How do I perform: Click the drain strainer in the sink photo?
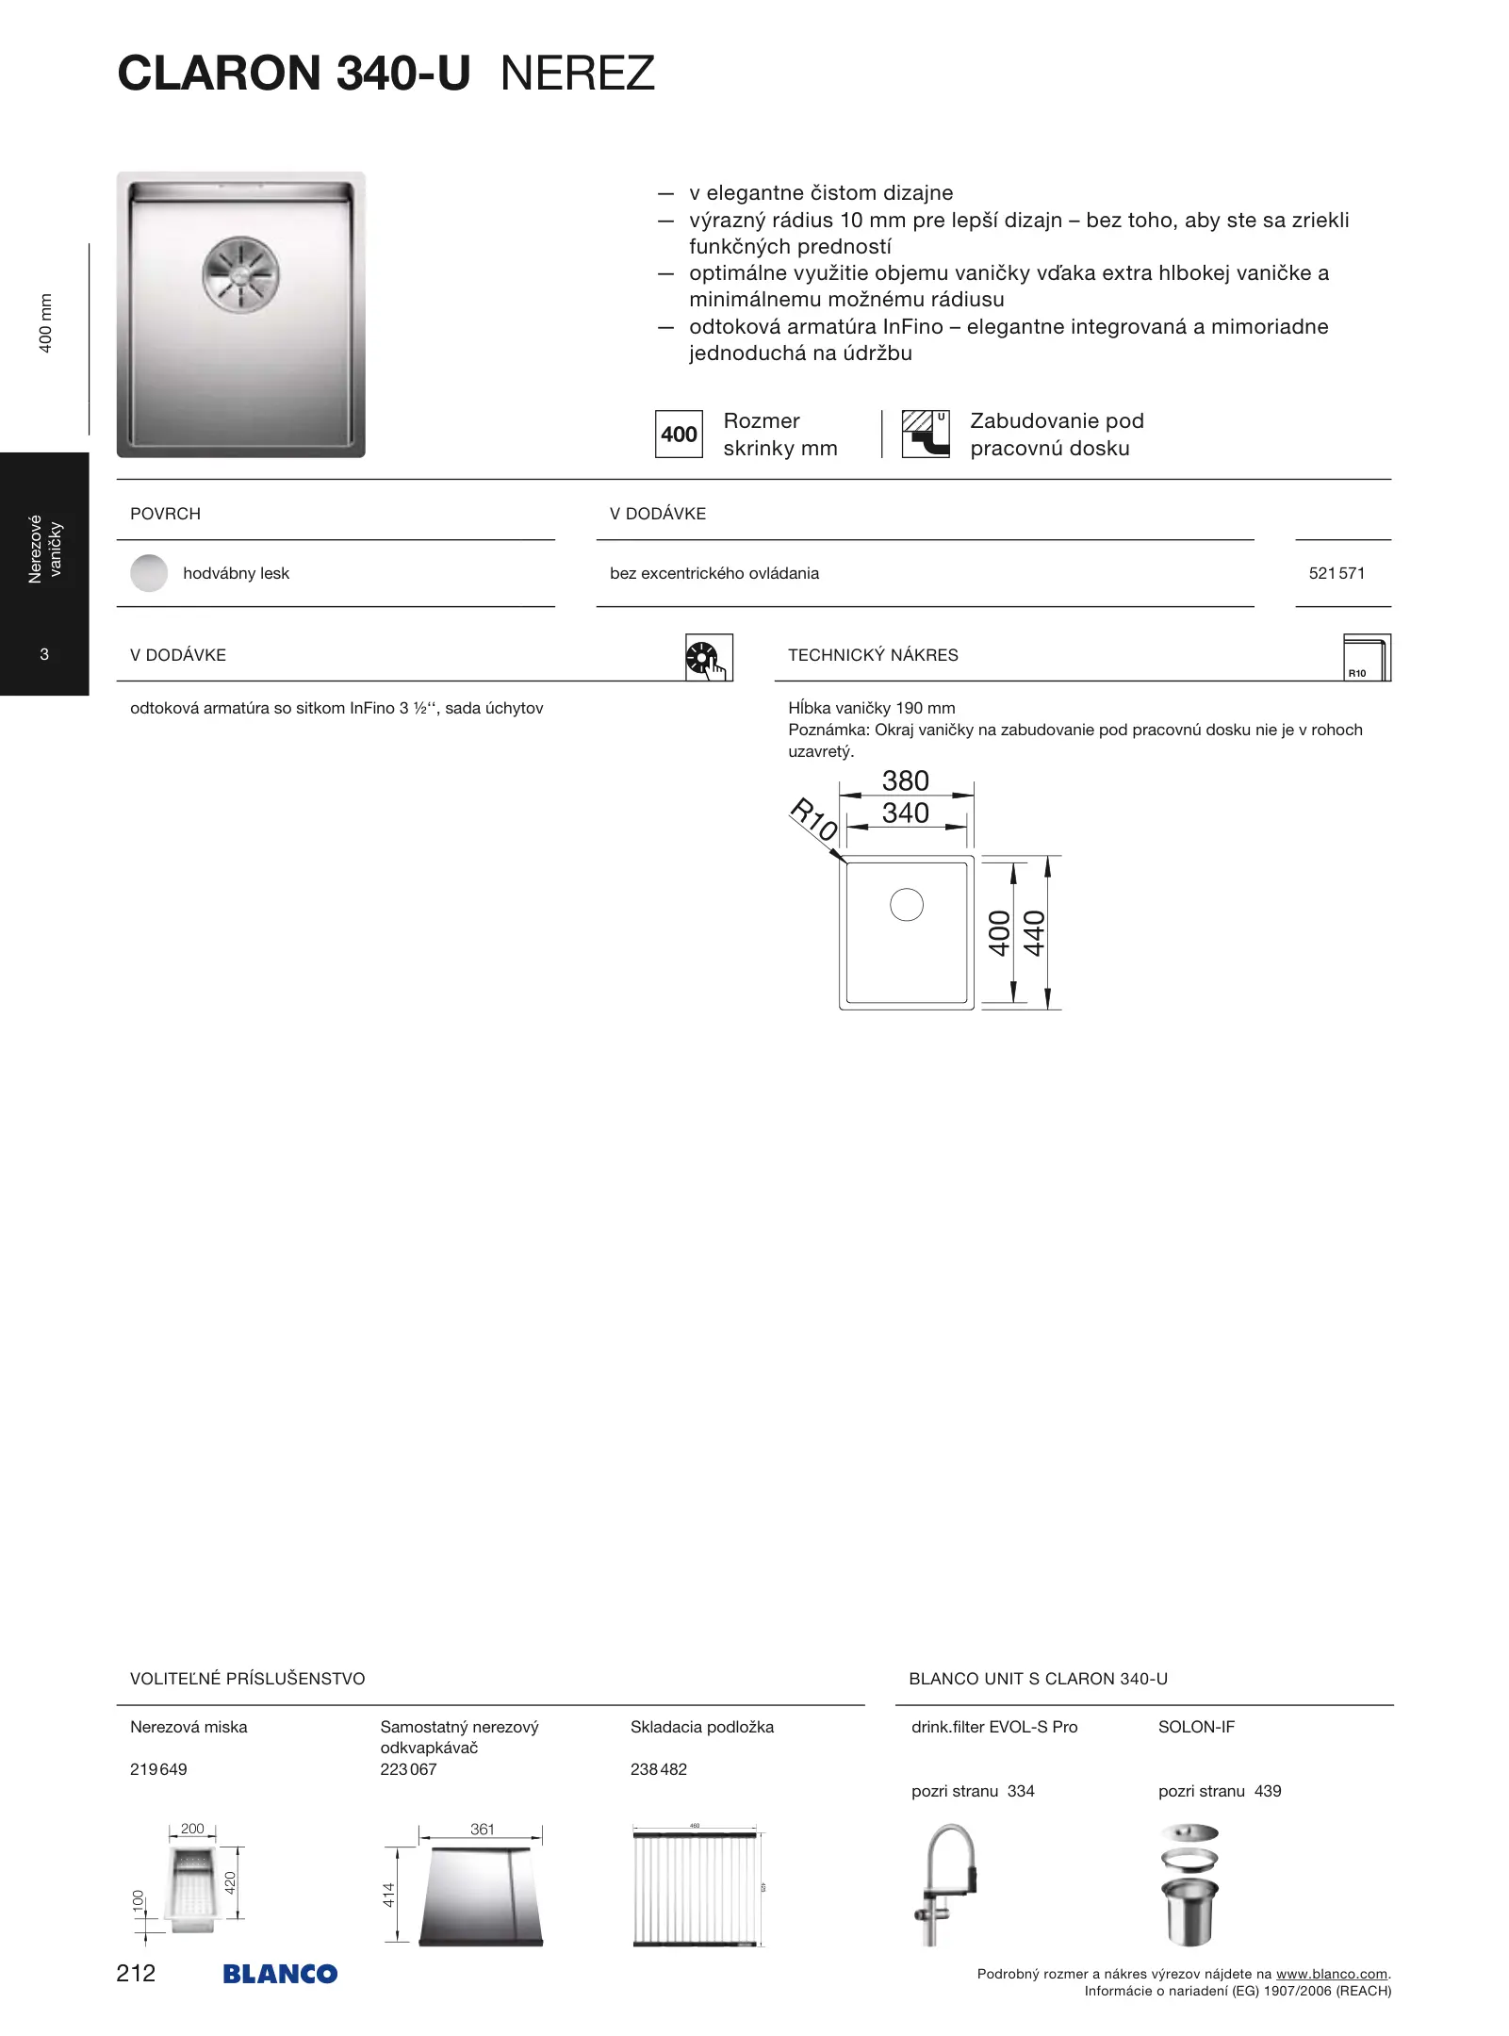(241, 274)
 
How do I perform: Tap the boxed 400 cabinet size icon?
(679, 435)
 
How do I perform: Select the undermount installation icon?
(925, 434)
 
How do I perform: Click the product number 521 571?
(1337, 573)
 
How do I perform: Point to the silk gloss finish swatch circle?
(149, 573)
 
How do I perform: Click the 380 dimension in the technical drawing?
(905, 780)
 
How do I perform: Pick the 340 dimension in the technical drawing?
(905, 813)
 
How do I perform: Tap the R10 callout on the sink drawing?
(813, 818)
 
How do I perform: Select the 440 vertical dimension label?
(1035, 932)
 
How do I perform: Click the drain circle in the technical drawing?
(907, 905)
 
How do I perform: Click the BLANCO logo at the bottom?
(280, 1974)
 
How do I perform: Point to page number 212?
(136, 1973)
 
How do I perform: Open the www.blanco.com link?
(1331, 1974)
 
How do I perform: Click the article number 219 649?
(158, 1769)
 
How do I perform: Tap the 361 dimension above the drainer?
(482, 1829)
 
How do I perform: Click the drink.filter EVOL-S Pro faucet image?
(946, 1885)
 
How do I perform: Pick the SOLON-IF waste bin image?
(1189, 1885)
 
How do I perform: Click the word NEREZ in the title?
(577, 74)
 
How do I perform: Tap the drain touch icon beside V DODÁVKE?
(709, 657)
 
